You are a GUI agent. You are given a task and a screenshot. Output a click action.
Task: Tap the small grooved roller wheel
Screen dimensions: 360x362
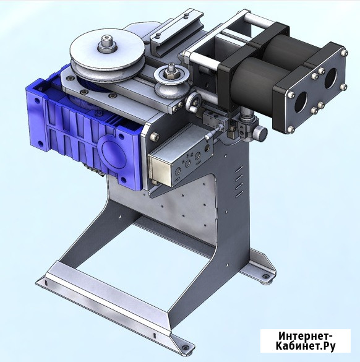point(172,81)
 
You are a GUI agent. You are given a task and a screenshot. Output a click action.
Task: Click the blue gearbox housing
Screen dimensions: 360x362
point(83,132)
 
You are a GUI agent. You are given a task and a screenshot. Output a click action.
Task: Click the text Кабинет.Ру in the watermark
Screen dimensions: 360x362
point(306,346)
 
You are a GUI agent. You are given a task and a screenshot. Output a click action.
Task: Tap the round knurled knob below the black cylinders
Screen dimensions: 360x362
point(261,133)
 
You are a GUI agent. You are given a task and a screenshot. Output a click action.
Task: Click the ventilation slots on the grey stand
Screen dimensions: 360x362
point(239,182)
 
